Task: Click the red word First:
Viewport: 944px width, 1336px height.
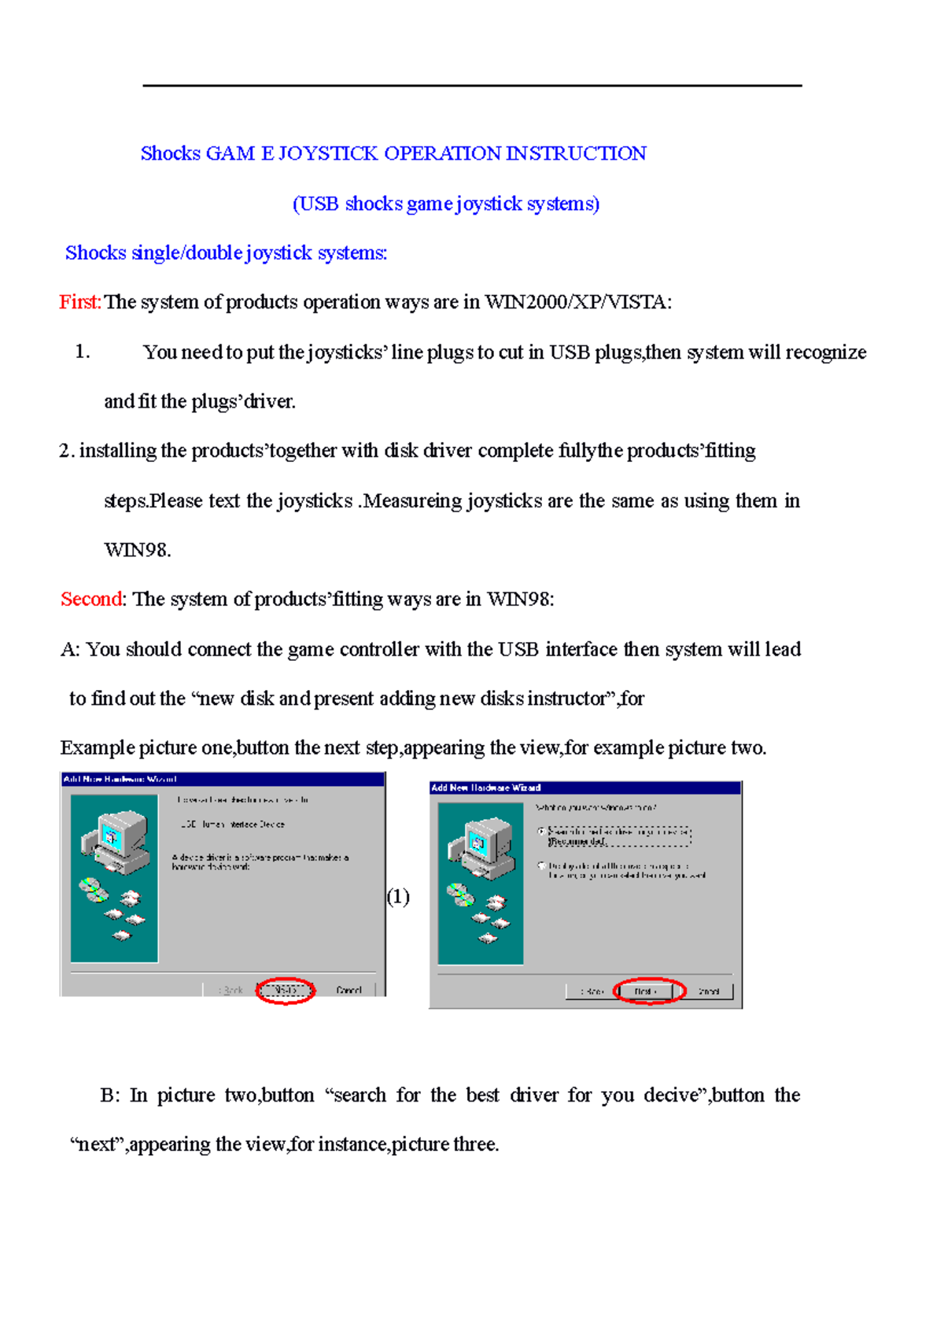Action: (79, 302)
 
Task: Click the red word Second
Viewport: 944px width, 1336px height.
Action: (91, 600)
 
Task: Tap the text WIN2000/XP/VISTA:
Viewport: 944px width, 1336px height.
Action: (578, 302)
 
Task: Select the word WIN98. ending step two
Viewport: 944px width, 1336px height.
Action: (137, 550)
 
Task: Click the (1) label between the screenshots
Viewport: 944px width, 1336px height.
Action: (398, 897)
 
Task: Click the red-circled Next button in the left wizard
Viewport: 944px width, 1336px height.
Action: (286, 990)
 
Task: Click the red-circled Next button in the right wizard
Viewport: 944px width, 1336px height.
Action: (647, 991)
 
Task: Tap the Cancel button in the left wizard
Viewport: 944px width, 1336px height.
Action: (348, 990)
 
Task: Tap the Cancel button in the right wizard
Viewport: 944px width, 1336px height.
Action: (709, 991)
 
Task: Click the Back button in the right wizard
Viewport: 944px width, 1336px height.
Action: (592, 991)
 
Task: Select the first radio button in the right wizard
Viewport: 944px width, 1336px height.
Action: (542, 831)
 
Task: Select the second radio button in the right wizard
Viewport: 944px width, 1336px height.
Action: (542, 865)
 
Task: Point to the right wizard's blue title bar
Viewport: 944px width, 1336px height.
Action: (585, 788)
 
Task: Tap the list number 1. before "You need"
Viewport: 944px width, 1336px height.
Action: (82, 352)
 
